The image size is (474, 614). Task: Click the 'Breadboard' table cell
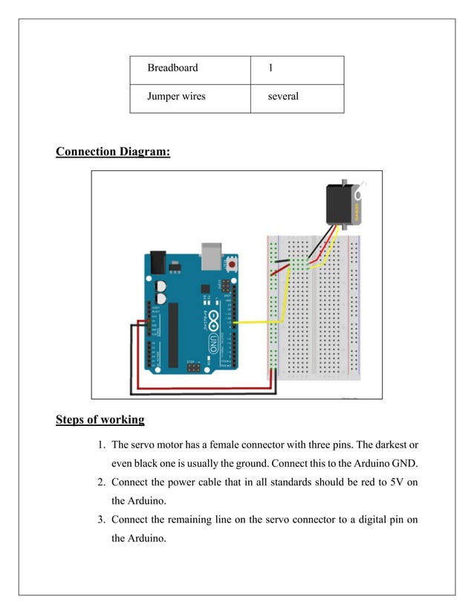click(x=189, y=69)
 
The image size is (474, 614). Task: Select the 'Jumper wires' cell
click(x=189, y=97)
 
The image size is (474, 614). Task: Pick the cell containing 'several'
click(x=296, y=97)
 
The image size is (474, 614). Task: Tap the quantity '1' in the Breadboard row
click(x=296, y=69)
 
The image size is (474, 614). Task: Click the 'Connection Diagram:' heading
click(x=113, y=152)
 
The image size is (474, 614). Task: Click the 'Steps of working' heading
click(x=100, y=420)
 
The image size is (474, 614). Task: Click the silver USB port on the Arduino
click(x=212, y=256)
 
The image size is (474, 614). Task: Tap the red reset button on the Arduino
click(x=233, y=264)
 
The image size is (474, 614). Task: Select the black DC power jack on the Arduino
click(x=158, y=262)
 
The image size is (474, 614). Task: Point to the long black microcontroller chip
click(x=173, y=334)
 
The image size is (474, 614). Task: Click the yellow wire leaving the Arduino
click(x=256, y=323)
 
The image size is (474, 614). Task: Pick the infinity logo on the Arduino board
click(x=212, y=320)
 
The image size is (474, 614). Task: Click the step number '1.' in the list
click(x=102, y=445)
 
